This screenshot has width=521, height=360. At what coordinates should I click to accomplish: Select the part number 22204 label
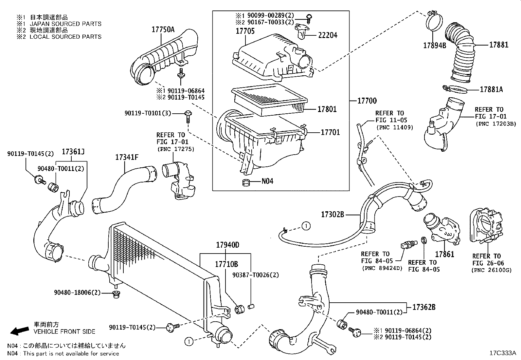point(327,35)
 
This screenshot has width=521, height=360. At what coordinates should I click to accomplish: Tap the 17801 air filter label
point(327,109)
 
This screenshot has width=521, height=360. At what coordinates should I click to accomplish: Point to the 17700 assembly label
point(367,101)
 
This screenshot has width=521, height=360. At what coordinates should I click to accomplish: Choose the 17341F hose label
point(126,157)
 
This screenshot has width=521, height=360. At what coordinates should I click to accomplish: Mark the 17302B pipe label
point(332,215)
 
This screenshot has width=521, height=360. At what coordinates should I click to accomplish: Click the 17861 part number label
point(444,254)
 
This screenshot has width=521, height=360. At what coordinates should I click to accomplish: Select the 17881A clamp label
point(491,89)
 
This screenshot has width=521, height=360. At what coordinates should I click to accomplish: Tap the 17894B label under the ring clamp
point(435,46)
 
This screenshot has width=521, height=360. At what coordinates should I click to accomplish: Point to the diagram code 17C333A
point(502,353)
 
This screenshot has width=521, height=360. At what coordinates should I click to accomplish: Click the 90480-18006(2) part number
point(77,292)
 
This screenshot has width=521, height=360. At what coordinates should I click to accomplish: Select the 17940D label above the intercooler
point(227,245)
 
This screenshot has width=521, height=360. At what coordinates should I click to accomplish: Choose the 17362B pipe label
point(424,307)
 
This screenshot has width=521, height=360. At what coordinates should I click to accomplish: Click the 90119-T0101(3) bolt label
point(148,113)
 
